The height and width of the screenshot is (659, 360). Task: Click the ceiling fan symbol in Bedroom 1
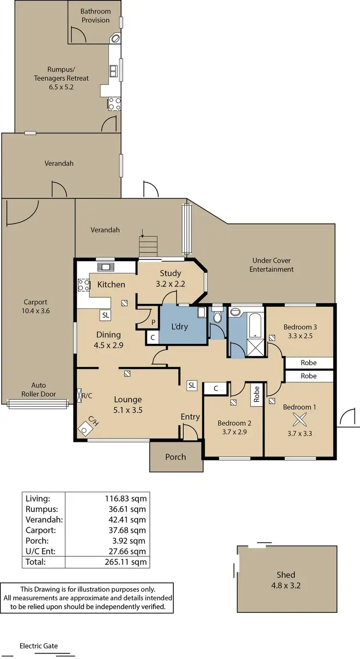coord(300,420)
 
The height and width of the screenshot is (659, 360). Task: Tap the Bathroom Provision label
coord(95,15)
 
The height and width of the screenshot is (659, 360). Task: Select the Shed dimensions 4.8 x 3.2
coord(286,586)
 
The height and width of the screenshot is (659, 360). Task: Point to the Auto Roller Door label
coord(38,390)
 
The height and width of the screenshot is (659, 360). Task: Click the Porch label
coord(175,457)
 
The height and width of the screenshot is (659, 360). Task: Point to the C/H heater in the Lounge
coord(86,426)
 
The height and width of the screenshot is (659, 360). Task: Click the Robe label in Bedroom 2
coord(257,394)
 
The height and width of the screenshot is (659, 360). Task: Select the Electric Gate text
coord(38,646)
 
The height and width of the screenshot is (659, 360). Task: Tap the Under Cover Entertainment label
coord(271,265)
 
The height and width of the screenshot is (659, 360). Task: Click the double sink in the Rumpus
coord(114,71)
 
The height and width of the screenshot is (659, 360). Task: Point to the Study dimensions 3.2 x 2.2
coord(170,283)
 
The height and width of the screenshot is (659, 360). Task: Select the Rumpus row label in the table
coord(41,509)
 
